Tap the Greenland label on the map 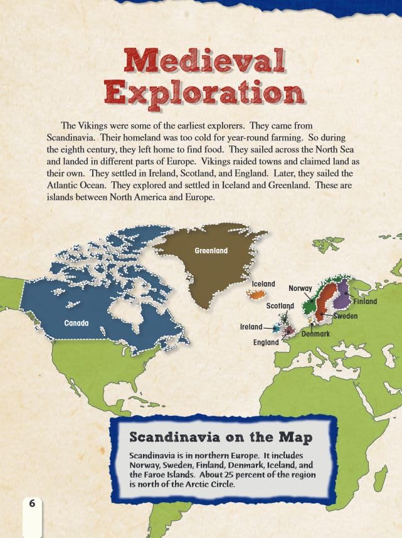pyautogui.click(x=211, y=251)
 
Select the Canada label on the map pyautogui.click(x=77, y=323)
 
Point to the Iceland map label pyautogui.click(x=263, y=284)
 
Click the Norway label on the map pyautogui.click(x=300, y=288)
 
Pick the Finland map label pyautogui.click(x=365, y=302)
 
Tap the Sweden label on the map pyautogui.click(x=345, y=316)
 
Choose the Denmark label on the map pyautogui.click(x=315, y=334)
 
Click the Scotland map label pyautogui.click(x=280, y=306)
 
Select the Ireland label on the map pyautogui.click(x=251, y=327)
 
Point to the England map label pyautogui.click(x=266, y=343)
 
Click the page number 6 pyautogui.click(x=33, y=502)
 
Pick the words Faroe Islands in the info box pyautogui.click(x=169, y=475)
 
